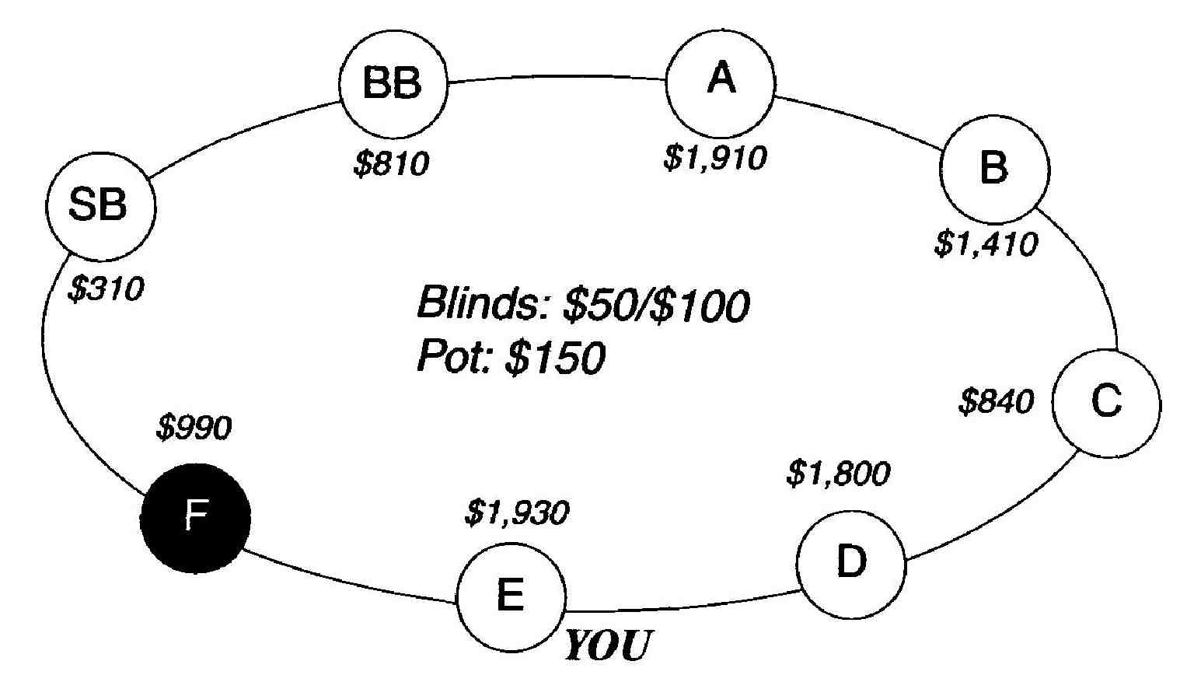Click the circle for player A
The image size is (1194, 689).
(721, 81)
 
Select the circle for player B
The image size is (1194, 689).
(994, 169)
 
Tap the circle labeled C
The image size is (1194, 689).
(1105, 404)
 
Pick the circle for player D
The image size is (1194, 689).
(852, 563)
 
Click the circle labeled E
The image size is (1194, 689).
(511, 597)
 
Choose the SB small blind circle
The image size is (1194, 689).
(100, 206)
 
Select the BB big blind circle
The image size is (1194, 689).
(393, 83)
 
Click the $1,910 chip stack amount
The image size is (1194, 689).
(715, 157)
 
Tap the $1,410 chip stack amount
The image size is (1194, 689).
(986, 244)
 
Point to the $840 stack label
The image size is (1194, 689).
(996, 402)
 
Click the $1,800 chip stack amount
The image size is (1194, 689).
(838, 473)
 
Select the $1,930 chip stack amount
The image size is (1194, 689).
(517, 512)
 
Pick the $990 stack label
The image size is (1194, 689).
(194, 428)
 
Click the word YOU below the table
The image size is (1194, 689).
(607, 645)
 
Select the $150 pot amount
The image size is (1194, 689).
(553, 359)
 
